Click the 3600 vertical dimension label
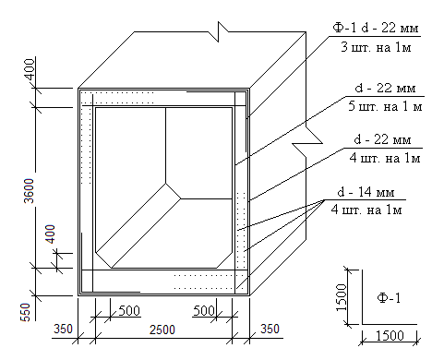29,190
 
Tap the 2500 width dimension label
162,330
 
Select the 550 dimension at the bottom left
26,312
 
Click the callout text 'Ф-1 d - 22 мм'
376,28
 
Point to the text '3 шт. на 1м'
376,47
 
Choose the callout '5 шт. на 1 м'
385,106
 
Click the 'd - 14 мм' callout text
366,192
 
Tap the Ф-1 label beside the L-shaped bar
389,298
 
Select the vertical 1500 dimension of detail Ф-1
342,297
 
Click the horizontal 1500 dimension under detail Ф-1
390,335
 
